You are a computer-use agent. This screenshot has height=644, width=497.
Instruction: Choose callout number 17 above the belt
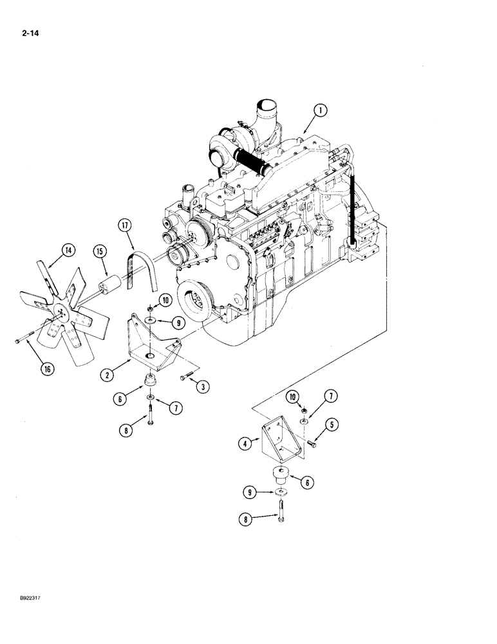[125, 226]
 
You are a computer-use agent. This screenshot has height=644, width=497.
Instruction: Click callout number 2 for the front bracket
[108, 373]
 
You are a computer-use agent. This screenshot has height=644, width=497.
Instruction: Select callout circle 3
[202, 386]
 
